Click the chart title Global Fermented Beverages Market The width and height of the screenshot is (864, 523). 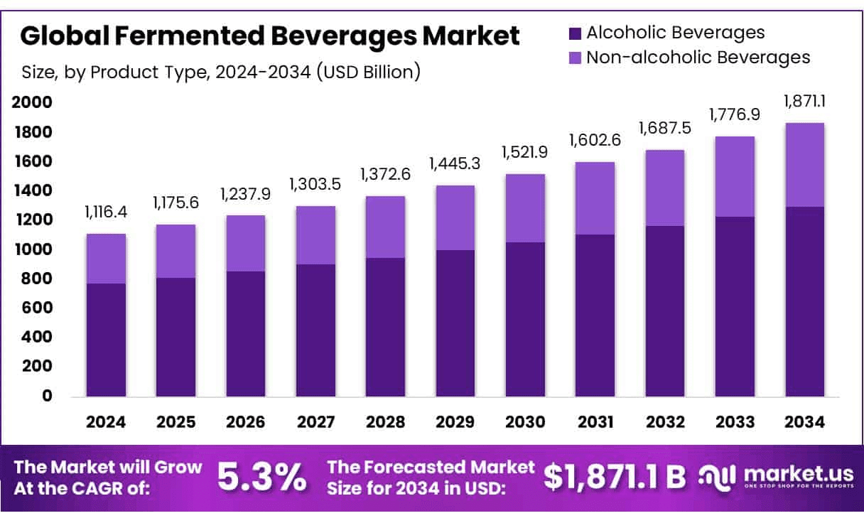coord(270,36)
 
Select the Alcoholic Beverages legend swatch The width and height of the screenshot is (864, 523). coord(575,33)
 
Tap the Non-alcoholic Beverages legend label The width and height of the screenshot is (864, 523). coord(698,58)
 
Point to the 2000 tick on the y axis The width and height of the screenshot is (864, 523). coord(32,102)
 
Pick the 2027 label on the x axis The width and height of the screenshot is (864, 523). coord(315,422)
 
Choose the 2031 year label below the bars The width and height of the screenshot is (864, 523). coord(595,422)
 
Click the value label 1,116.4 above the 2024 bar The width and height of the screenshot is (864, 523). coord(106,212)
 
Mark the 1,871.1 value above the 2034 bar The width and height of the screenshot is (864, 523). coord(805,102)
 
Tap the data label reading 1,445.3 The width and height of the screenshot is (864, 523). coord(455,164)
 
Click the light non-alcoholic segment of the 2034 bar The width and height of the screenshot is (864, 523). coord(805,165)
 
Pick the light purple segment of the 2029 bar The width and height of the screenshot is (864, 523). coord(455,217)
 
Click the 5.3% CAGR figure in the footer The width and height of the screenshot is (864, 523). coord(262,478)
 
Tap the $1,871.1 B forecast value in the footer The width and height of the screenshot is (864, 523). coord(615,478)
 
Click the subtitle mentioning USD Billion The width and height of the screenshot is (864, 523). coord(220,72)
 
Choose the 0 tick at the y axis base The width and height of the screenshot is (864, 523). coord(47,396)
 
